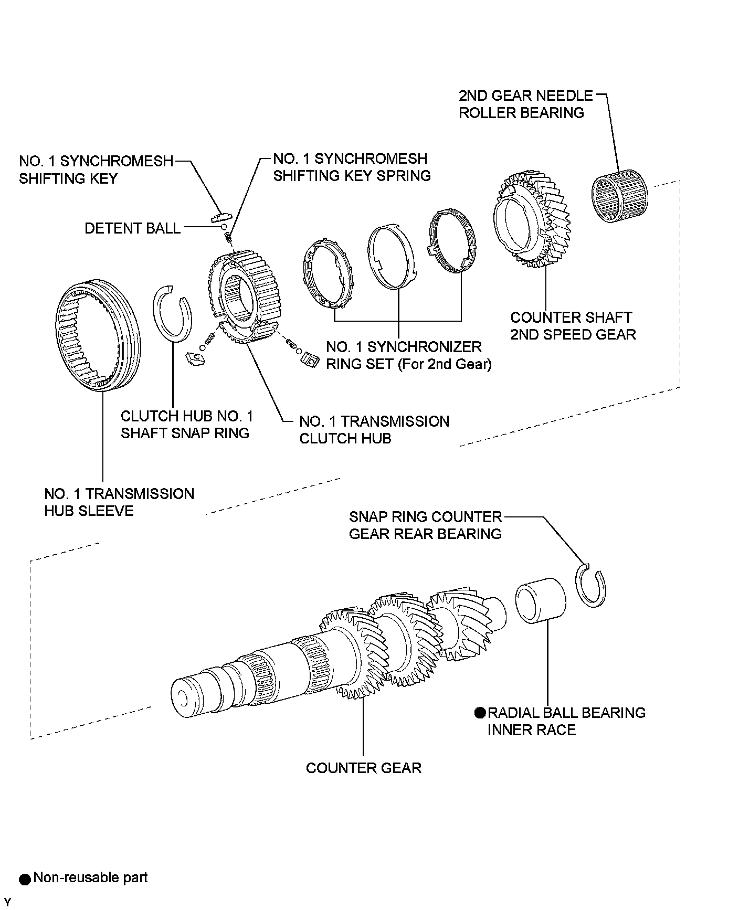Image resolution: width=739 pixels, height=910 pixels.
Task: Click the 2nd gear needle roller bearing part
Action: click(x=620, y=195)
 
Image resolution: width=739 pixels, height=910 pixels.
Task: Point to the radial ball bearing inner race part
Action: click(x=540, y=600)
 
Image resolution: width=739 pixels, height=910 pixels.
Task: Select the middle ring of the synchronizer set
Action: click(x=392, y=257)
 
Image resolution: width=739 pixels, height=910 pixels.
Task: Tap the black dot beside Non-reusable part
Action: click(x=25, y=879)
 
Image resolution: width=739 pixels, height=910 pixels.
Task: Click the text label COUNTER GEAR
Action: click(x=364, y=768)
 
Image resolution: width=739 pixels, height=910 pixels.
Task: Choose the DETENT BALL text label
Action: click(x=133, y=228)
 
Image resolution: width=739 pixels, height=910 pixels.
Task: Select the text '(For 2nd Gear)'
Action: click(x=445, y=364)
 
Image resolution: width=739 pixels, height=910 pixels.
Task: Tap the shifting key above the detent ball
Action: click(x=221, y=217)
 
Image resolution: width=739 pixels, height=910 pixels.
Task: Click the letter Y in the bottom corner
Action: click(x=7, y=902)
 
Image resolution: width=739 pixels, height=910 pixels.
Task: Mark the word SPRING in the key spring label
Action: click(x=403, y=176)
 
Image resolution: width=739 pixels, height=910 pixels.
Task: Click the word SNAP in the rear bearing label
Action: click(x=368, y=517)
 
